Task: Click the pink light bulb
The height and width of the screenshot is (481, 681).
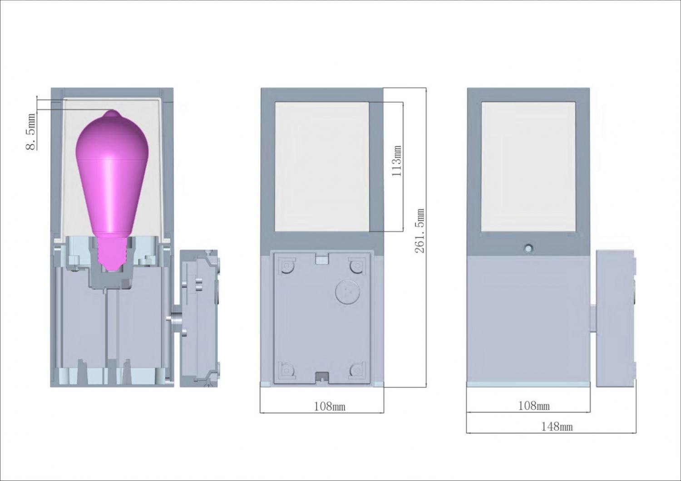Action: point(112,182)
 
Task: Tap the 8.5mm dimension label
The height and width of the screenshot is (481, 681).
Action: point(31,132)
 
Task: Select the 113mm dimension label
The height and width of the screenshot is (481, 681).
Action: point(397,161)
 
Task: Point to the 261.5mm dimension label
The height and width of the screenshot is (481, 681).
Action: point(419,231)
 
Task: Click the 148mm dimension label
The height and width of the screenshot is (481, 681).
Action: point(557,427)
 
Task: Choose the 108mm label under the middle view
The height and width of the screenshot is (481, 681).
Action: point(330,407)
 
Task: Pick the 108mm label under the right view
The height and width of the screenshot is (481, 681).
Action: point(534,406)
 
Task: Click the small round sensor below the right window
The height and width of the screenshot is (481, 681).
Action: point(528,248)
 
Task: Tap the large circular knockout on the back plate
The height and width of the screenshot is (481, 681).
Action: point(348,291)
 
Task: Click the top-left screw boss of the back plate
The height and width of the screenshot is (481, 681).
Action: point(286,266)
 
